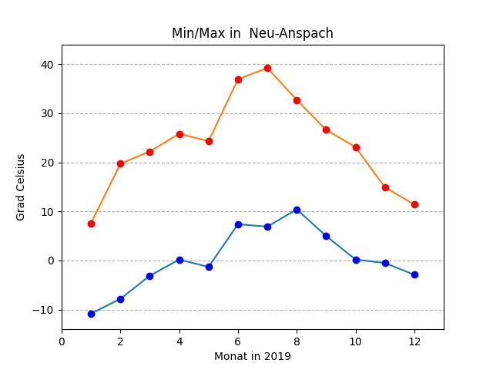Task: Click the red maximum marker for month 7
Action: click(267, 68)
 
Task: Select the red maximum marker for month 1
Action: click(91, 224)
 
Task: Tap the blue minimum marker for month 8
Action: click(297, 210)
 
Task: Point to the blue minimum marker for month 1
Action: click(91, 314)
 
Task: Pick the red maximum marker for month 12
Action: click(414, 204)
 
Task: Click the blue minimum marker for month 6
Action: click(238, 224)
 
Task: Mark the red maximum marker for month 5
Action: click(209, 141)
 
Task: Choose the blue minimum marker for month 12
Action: click(414, 274)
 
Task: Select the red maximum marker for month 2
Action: click(120, 163)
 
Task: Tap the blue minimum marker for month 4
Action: click(179, 260)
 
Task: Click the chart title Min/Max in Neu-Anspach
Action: click(253, 34)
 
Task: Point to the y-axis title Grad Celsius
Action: click(21, 187)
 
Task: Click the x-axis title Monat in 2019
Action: click(253, 356)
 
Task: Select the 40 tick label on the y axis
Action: click(48, 65)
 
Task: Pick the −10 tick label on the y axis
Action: click(43, 310)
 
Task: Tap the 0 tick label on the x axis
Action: click(62, 340)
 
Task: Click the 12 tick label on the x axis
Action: click(414, 340)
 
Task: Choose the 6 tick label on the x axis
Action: click(238, 340)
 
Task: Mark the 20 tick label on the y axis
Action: click(48, 163)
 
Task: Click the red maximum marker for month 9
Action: click(326, 129)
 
